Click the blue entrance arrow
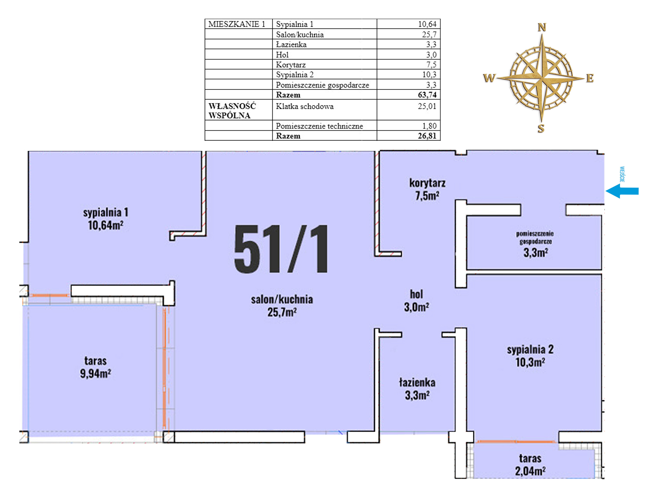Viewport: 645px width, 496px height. (x=622, y=191)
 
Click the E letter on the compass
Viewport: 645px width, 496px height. (x=590, y=78)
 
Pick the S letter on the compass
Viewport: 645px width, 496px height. (x=541, y=128)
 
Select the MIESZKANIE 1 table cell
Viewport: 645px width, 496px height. (x=238, y=24)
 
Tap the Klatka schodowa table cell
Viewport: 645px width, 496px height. (x=325, y=109)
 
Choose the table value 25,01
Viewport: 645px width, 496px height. (x=427, y=106)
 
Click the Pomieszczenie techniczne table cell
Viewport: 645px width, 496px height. (x=325, y=126)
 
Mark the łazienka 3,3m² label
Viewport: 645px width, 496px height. (x=417, y=389)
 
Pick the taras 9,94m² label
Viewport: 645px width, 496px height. (x=95, y=367)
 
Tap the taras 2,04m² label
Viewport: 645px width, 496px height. (x=530, y=465)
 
